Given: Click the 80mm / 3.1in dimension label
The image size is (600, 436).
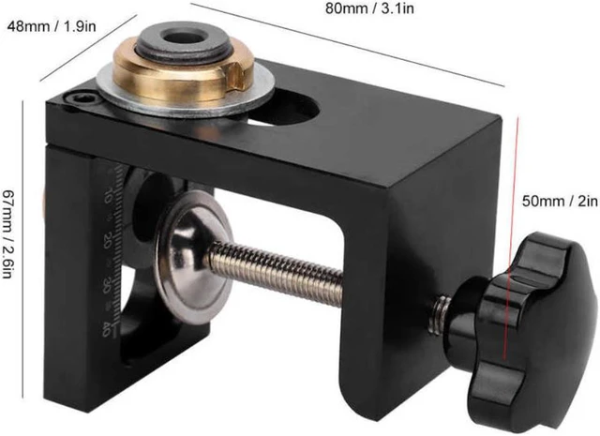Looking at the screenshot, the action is pyautogui.click(x=369, y=8).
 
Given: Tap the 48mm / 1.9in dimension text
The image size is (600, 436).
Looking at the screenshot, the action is pyautogui.click(x=52, y=26).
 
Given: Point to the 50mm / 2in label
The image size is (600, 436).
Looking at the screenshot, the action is pyautogui.click(x=560, y=201).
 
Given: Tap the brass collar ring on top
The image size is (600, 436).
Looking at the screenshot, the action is pyautogui.click(x=180, y=77).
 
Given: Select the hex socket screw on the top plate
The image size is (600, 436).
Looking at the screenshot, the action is pyautogui.click(x=82, y=99).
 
